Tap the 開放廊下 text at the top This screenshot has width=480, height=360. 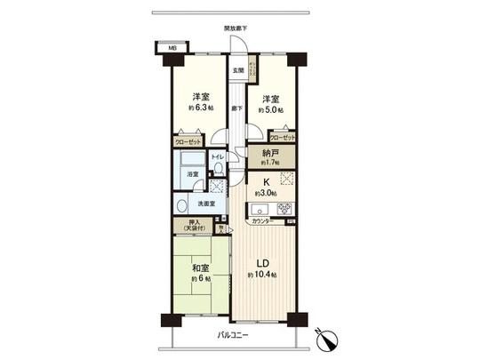click(x=236, y=28)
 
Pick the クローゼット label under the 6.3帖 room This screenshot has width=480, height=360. click(x=188, y=140)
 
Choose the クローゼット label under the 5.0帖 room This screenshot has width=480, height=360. click(x=283, y=139)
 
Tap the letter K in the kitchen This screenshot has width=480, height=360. click(x=266, y=182)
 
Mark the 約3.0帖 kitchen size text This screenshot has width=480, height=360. click(x=266, y=193)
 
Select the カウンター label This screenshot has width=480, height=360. click(x=260, y=221)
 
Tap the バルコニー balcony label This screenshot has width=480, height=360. click(x=235, y=335)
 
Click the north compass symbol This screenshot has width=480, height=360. click(x=325, y=340)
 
